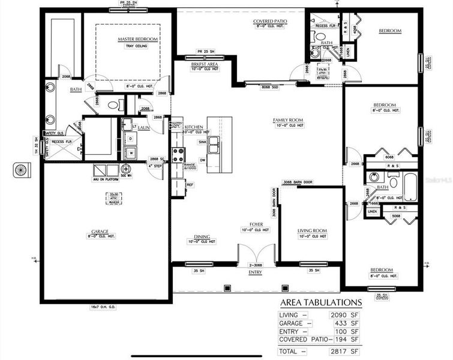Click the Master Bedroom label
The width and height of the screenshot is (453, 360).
coord(137,39)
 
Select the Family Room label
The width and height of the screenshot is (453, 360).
coord(288,120)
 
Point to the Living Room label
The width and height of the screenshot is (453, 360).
coord(312,230)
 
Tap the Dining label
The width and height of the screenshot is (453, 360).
coord(202,236)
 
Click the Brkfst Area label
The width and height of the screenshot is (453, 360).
coord(203,64)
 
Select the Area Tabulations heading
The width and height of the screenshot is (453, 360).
coord(320,302)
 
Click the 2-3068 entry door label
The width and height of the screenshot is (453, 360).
coord(256,265)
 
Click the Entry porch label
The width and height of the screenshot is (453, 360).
coord(255,272)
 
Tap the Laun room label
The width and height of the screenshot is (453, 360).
coord(143,127)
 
